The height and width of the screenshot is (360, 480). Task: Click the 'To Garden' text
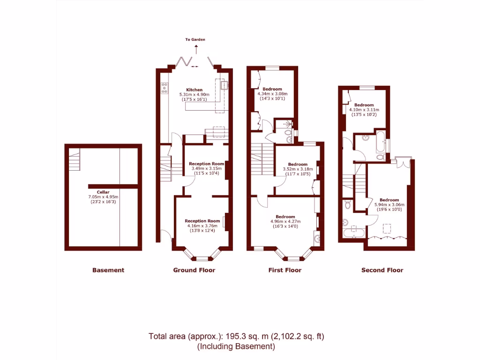point(195,40)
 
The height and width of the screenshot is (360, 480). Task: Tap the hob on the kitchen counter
point(165,88)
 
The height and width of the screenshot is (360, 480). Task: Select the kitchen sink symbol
point(225,85)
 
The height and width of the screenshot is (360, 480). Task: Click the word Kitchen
point(195,90)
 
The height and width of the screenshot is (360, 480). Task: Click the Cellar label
point(103,192)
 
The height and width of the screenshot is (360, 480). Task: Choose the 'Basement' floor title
point(108,270)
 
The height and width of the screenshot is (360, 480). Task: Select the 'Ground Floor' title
point(194,270)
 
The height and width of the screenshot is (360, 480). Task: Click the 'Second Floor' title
point(382,270)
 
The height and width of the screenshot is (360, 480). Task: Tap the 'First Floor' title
point(285,270)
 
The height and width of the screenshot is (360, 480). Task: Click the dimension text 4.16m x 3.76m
point(202,225)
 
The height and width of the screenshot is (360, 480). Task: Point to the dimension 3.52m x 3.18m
point(298,169)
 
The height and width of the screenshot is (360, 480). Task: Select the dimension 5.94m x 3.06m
point(389,205)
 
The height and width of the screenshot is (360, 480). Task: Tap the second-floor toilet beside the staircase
point(347,205)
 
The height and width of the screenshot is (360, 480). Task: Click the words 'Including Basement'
point(236,347)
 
